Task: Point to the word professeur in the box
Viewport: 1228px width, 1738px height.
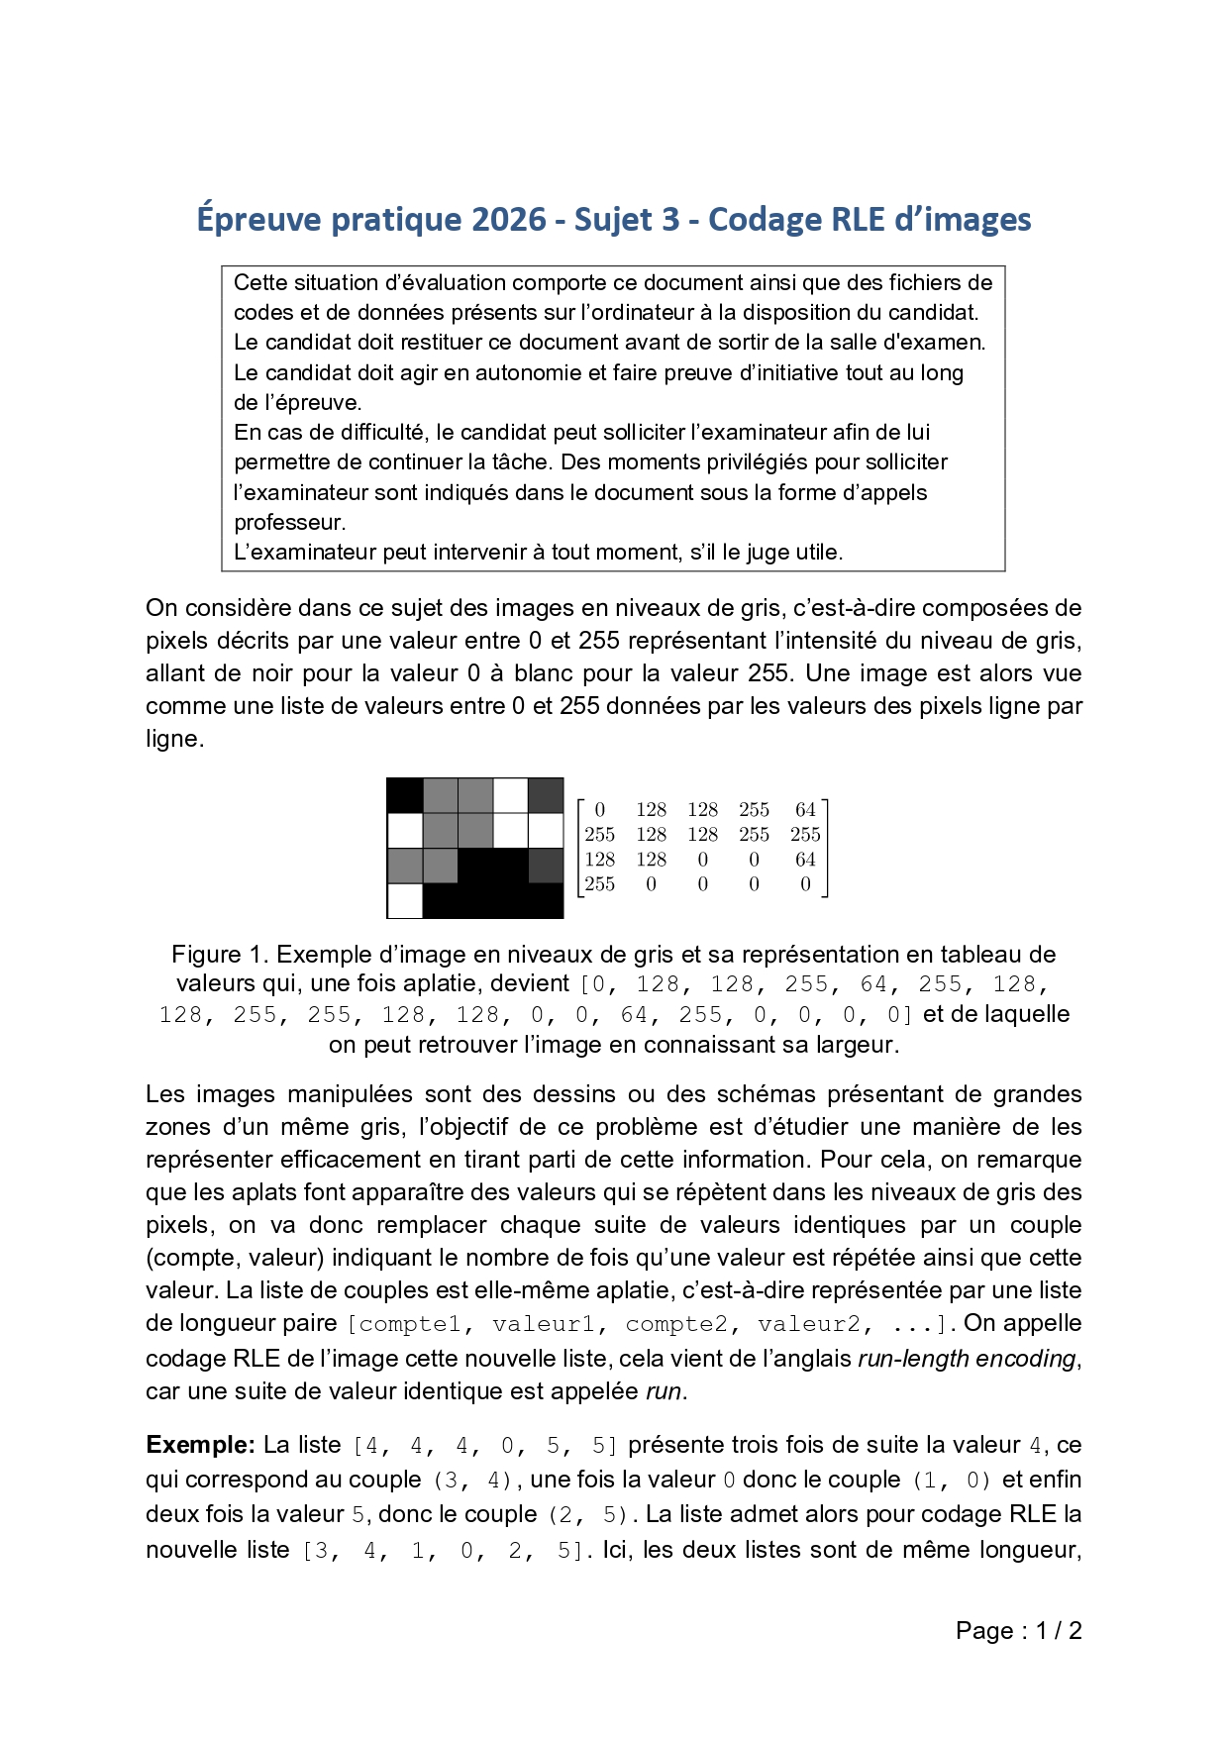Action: click(x=289, y=522)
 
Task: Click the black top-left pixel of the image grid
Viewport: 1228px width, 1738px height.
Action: click(x=405, y=795)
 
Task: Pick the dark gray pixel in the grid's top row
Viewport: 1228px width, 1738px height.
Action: click(x=546, y=795)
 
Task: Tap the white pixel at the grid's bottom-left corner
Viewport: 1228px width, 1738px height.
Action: click(x=405, y=900)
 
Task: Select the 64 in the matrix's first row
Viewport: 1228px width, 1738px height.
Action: click(x=805, y=810)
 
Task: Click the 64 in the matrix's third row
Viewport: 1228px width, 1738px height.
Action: click(x=805, y=860)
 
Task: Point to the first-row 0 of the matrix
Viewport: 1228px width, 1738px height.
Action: click(x=600, y=810)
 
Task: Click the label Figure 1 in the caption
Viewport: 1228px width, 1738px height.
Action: click(x=220, y=955)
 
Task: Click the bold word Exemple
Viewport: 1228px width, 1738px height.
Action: click(x=200, y=1445)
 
